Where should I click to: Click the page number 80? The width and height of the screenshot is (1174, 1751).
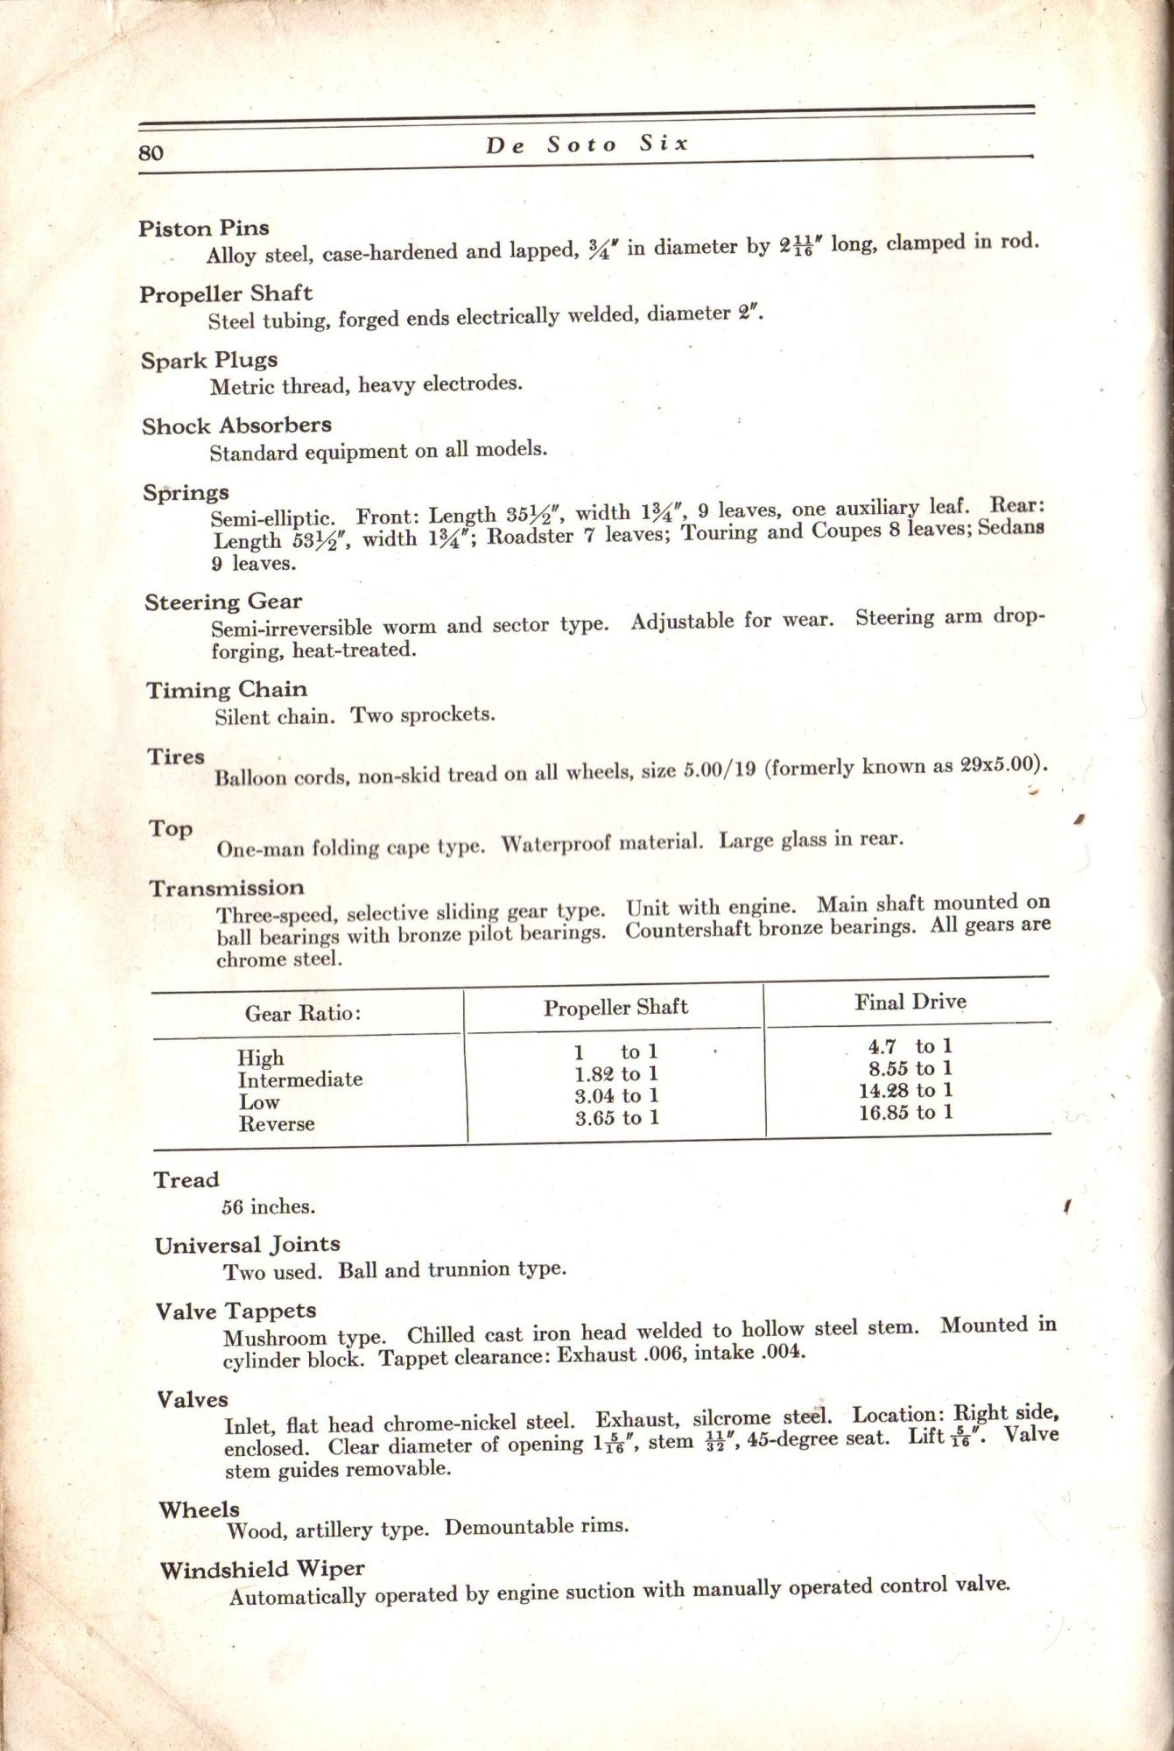pos(151,152)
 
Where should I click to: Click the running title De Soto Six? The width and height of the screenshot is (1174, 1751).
pos(587,144)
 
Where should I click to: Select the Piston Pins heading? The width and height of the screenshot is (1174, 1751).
pos(203,229)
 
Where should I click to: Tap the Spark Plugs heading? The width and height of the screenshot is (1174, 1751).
pos(209,360)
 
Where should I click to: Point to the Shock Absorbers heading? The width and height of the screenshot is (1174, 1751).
pos(236,425)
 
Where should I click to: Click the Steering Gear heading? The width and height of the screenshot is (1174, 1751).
pos(223,602)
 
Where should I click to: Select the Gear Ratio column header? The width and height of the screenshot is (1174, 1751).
pos(303,1014)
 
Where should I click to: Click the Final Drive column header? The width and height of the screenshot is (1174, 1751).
pos(910,1002)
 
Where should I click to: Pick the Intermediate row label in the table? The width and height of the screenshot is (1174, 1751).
pos(300,1079)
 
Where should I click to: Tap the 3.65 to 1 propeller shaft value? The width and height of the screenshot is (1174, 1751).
pos(616,1117)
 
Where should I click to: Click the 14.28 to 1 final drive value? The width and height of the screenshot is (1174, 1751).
pos(905,1091)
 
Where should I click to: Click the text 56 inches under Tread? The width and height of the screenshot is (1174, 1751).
pos(268,1206)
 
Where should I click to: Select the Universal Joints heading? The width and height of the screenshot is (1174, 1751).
pos(247,1245)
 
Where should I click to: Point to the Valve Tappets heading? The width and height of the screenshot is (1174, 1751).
pos(236,1311)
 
